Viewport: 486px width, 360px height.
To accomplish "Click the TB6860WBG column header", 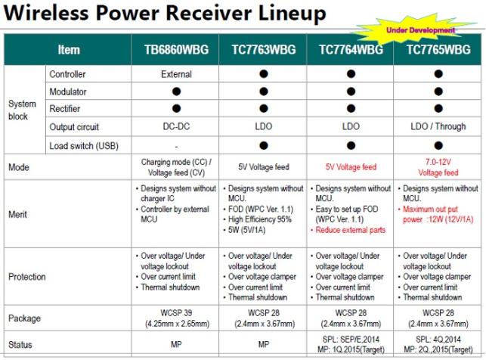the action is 176,50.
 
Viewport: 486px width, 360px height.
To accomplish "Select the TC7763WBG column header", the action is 264,50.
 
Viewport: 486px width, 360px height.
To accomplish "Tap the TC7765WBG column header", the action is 438,50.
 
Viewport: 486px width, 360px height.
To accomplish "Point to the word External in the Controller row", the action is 176,74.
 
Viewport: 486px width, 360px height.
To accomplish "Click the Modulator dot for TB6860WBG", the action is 176,92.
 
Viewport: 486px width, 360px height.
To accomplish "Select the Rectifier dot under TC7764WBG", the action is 351,108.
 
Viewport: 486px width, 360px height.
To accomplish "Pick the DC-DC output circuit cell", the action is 176,126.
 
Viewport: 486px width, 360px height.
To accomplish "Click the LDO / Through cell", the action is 438,126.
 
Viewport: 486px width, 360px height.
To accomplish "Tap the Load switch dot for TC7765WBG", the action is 438,145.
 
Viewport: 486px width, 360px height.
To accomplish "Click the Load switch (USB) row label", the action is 84,146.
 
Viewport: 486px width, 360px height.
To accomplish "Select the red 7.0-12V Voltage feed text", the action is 438,167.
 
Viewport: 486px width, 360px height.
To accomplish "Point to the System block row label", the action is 23,110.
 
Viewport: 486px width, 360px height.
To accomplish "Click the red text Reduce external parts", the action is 350,230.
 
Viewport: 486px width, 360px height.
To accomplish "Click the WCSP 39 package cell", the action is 177,318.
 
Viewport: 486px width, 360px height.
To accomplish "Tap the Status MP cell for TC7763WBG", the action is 264,345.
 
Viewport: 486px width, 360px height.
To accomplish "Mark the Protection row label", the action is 27,277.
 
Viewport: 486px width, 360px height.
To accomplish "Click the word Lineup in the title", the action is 292,13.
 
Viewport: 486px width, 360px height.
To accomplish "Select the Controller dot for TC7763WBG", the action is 264,74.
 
